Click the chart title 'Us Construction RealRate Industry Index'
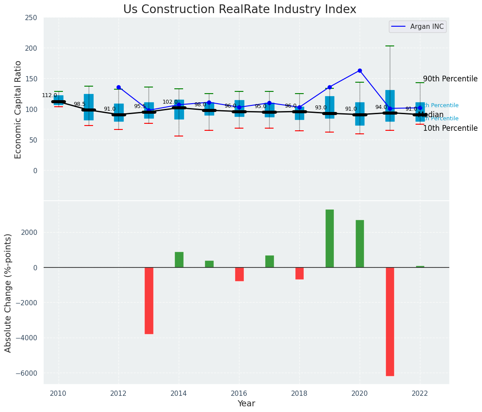point(239,10)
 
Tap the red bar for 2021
point(390,321)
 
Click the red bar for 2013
point(149,300)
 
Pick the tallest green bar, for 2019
point(329,238)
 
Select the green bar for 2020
point(360,244)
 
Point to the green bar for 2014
point(179,259)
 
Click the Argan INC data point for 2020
point(360,70)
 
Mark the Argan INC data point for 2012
point(118,87)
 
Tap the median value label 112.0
point(49,95)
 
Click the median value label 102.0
point(170,102)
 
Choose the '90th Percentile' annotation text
point(450,79)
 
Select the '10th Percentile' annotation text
point(450,128)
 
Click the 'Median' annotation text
point(430,115)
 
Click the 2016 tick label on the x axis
point(239,394)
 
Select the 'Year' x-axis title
point(246,404)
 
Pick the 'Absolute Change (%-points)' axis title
point(8,293)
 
